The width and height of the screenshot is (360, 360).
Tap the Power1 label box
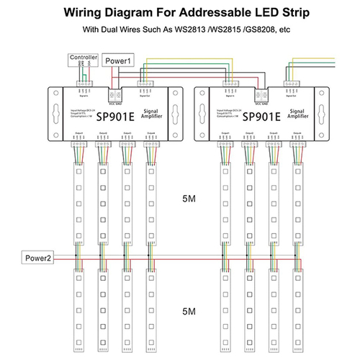118,60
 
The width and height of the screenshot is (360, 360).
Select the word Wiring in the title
86,13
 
